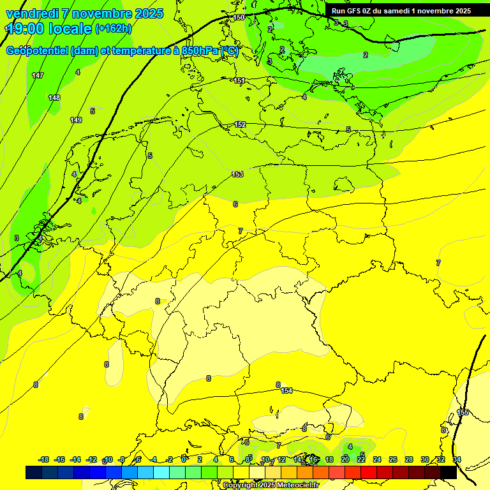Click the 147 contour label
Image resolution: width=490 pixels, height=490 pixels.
pos(38,76)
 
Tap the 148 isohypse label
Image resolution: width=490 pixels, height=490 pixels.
pos(54,98)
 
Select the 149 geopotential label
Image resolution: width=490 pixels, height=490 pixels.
pos(76,120)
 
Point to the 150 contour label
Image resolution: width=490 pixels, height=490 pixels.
pos(239,17)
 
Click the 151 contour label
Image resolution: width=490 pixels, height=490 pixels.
pos(239,80)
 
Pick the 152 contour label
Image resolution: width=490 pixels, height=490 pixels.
pos(240,124)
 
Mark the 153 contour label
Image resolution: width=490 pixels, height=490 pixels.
pos(237,174)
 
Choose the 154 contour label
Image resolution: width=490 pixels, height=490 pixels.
pos(286,390)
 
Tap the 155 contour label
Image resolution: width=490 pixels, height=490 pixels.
pos(463,413)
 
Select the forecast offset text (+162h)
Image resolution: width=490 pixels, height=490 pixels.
pos(113,29)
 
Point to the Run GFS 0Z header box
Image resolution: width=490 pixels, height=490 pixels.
pos(401,11)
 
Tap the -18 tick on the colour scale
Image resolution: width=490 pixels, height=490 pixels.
pos(44,459)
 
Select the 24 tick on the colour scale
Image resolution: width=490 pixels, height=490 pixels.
pos(377,459)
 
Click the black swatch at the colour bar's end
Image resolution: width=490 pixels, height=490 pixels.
pos(449,472)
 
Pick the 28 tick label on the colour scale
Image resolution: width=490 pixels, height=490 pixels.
pos(409,459)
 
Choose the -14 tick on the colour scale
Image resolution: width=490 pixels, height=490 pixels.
pos(75,459)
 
